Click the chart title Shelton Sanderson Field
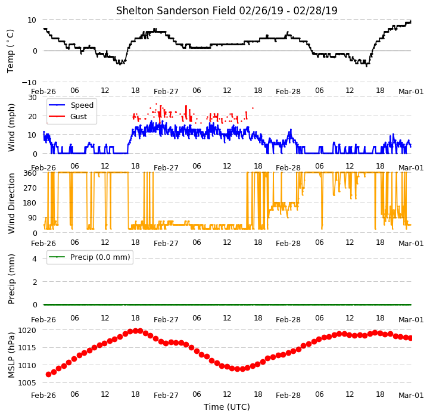pos(176,11)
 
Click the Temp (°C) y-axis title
pos(10,51)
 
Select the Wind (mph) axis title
pos(11,127)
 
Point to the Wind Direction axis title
pos(11,203)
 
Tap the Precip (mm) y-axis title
pos(11,279)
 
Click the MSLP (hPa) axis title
pos(11,355)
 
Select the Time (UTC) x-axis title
pos(227,407)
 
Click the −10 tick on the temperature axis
pos(29,82)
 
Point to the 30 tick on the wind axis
pos(32,98)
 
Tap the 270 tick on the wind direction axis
pos(30,188)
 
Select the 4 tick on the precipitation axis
pos(35,259)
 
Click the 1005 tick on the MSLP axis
pos(27,383)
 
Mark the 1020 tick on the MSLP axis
pos(27,330)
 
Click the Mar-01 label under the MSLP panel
pos(411,396)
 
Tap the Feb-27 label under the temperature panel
pos(166,92)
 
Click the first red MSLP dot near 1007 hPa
pos(49,374)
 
